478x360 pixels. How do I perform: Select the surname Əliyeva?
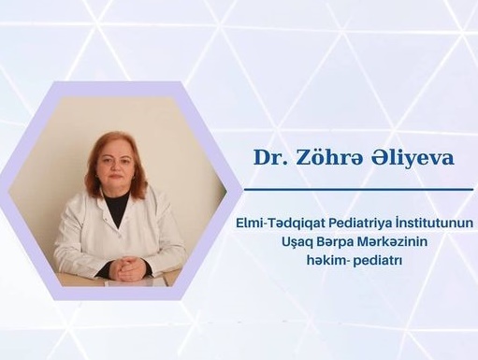408,157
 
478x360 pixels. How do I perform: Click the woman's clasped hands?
128,268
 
